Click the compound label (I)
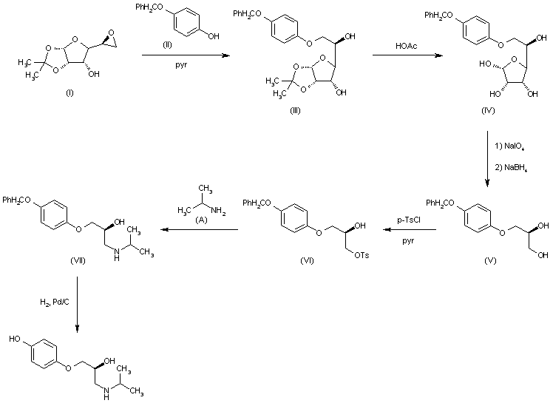(x=69, y=92)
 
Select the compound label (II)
(x=168, y=45)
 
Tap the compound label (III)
(x=295, y=110)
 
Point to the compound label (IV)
(x=488, y=110)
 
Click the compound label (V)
(x=490, y=260)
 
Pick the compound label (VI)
(x=307, y=260)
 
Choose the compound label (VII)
(x=78, y=260)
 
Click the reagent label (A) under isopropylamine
(x=201, y=220)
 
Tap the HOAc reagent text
(x=407, y=46)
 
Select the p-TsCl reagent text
(x=409, y=220)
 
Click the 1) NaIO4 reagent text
(x=509, y=146)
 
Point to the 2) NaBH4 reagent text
(x=511, y=168)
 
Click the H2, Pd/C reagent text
(x=55, y=302)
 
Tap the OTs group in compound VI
(x=362, y=255)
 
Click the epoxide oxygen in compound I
(x=112, y=33)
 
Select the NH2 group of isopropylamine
(x=218, y=212)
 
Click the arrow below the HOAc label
(x=407, y=55)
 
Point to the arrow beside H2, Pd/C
(x=77, y=304)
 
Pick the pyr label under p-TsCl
(x=408, y=241)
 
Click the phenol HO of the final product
(x=15, y=339)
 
